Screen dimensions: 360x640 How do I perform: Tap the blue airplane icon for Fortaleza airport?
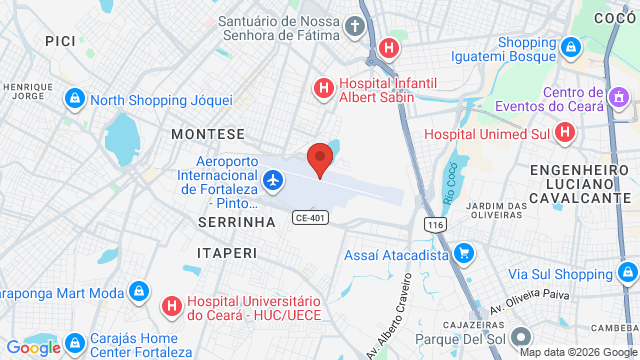click(x=273, y=181)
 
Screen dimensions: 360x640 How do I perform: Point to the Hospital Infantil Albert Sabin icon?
click(x=323, y=89)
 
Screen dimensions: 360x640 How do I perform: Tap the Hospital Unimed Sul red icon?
click(x=565, y=132)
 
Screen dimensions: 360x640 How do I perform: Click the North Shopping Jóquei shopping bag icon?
click(x=74, y=100)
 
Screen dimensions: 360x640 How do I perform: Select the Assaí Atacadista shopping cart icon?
click(x=463, y=255)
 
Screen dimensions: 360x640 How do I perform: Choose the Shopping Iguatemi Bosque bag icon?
click(x=569, y=47)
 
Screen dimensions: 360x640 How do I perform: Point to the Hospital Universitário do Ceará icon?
click(x=171, y=305)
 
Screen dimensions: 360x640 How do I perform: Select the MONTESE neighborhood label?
click(x=208, y=133)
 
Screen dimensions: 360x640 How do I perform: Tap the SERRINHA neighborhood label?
click(x=236, y=221)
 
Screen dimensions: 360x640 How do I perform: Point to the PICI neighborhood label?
click(x=61, y=39)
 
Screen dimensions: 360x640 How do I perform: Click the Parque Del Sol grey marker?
click(x=519, y=337)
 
